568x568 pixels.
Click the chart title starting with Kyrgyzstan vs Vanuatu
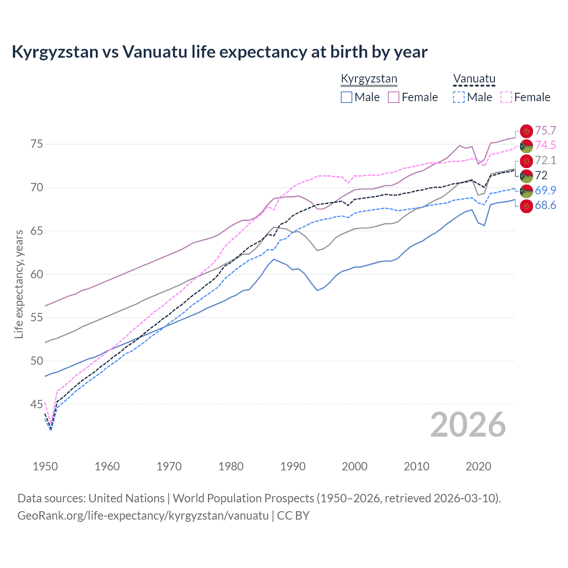click(219, 52)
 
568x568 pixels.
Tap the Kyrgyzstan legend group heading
click(369, 79)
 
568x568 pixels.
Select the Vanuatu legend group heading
click(474, 79)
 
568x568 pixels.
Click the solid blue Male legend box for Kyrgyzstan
click(347, 97)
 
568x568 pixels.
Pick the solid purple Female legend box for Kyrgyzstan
click(394, 97)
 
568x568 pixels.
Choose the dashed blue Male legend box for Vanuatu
click(459, 97)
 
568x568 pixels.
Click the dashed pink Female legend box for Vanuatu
click(506, 97)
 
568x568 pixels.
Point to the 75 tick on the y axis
click(36, 144)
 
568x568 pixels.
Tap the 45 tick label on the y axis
click(36, 404)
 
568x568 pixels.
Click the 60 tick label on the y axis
click(36, 274)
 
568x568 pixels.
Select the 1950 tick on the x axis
click(45, 466)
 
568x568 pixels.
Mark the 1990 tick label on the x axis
click(293, 466)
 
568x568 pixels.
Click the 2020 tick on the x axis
click(478, 466)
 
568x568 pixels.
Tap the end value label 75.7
click(545, 130)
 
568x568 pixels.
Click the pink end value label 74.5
click(545, 145)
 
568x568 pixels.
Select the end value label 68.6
click(545, 205)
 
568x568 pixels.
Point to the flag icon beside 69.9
click(526, 191)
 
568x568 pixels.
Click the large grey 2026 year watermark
click(468, 425)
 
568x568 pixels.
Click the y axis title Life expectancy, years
click(19, 284)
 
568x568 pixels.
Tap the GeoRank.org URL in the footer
click(143, 516)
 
